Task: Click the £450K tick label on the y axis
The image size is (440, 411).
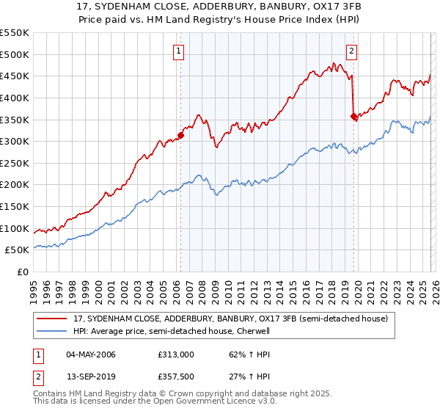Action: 15,76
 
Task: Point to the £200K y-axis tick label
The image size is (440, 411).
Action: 15,185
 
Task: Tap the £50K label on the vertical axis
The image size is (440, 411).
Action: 18,250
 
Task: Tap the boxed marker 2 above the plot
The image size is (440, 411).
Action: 352,51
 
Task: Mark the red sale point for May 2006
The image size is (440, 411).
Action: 180,135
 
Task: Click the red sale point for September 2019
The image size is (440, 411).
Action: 353,115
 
